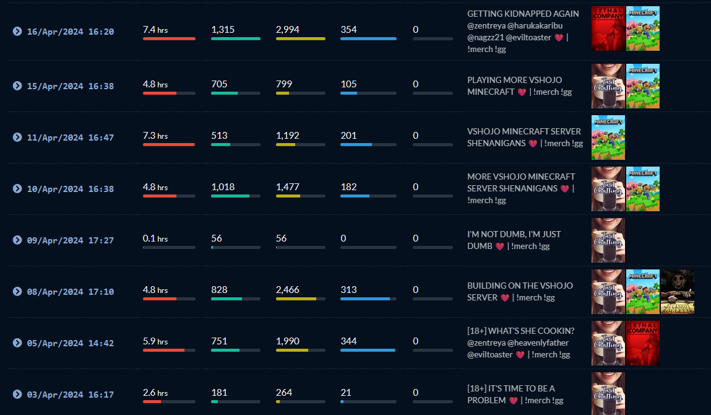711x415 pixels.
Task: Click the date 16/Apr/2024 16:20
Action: (70, 32)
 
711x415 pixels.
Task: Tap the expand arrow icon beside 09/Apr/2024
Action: (17, 240)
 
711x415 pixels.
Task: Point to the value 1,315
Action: (223, 30)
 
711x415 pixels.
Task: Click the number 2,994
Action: (288, 30)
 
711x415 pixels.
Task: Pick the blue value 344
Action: (349, 341)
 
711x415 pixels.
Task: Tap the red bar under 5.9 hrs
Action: (163, 350)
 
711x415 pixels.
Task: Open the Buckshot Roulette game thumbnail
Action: (677, 292)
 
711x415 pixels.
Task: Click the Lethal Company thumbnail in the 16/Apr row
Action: (608, 28)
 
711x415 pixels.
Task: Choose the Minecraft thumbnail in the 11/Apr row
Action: (608, 138)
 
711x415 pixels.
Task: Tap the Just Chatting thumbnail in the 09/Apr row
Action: (608, 240)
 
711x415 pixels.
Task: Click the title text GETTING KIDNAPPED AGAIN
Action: (523, 14)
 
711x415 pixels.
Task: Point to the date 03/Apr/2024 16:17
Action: (70, 395)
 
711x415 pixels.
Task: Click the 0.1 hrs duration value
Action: (155, 238)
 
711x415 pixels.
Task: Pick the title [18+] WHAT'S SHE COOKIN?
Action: (520, 331)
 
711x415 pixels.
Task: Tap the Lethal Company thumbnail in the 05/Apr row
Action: (642, 343)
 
